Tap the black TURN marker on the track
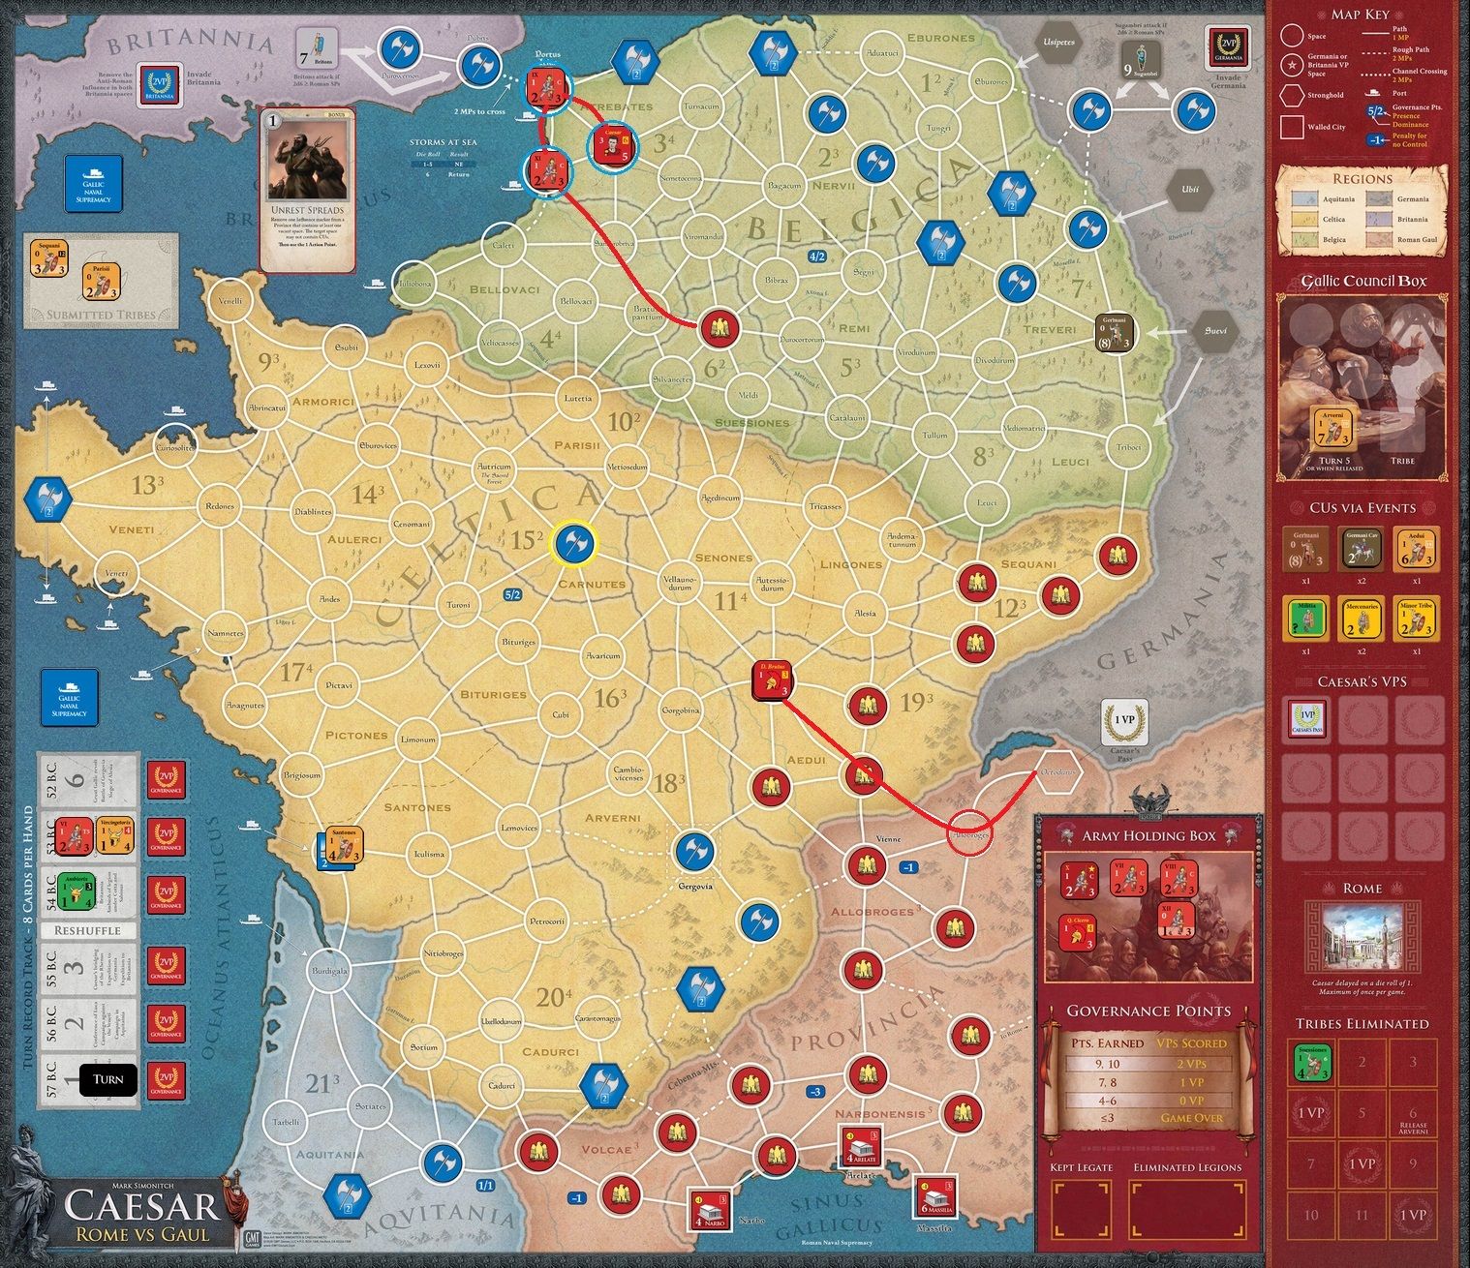pyautogui.click(x=107, y=1079)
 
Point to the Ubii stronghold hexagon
pyautogui.click(x=1190, y=190)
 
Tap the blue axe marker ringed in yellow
pyautogui.click(x=574, y=542)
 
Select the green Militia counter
pyautogui.click(x=1305, y=618)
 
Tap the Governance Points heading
pyautogui.click(x=1148, y=1011)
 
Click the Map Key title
pyautogui.click(x=1360, y=14)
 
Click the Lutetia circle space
pyautogui.click(x=577, y=398)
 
